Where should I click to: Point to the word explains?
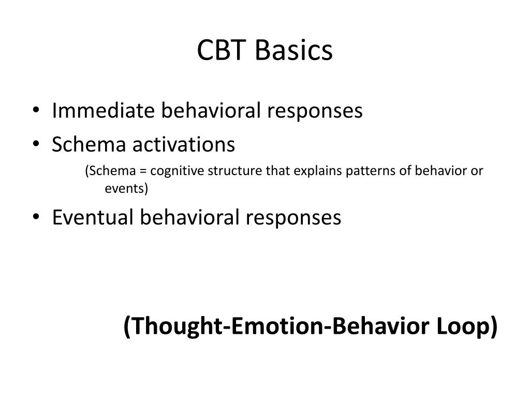click(x=308, y=172)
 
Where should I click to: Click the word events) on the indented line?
click(x=126, y=189)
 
